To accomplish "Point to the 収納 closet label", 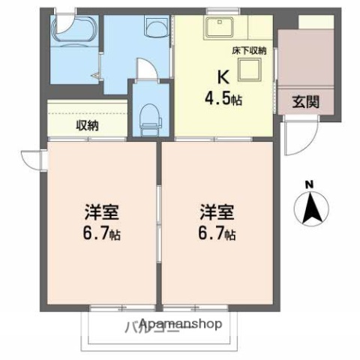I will (86, 125).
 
